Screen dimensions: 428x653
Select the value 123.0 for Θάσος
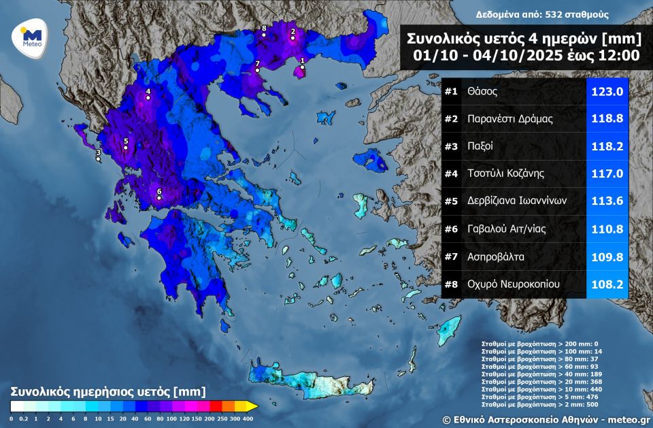pyautogui.click(x=607, y=91)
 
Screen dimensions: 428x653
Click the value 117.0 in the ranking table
pyautogui.click(x=607, y=174)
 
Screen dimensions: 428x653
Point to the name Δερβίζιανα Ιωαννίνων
pyautogui.click(x=517, y=201)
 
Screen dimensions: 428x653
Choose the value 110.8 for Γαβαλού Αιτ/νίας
pyautogui.click(x=607, y=229)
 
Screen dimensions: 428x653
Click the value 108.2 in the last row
pyautogui.click(x=607, y=284)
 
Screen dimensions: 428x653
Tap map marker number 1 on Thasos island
pyautogui.click(x=302, y=67)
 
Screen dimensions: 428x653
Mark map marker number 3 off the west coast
pyautogui.click(x=98, y=159)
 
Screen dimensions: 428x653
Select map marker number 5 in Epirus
pyautogui.click(x=126, y=148)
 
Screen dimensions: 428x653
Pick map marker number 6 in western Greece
pyautogui.click(x=159, y=198)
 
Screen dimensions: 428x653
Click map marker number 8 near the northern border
pyautogui.click(x=264, y=34)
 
